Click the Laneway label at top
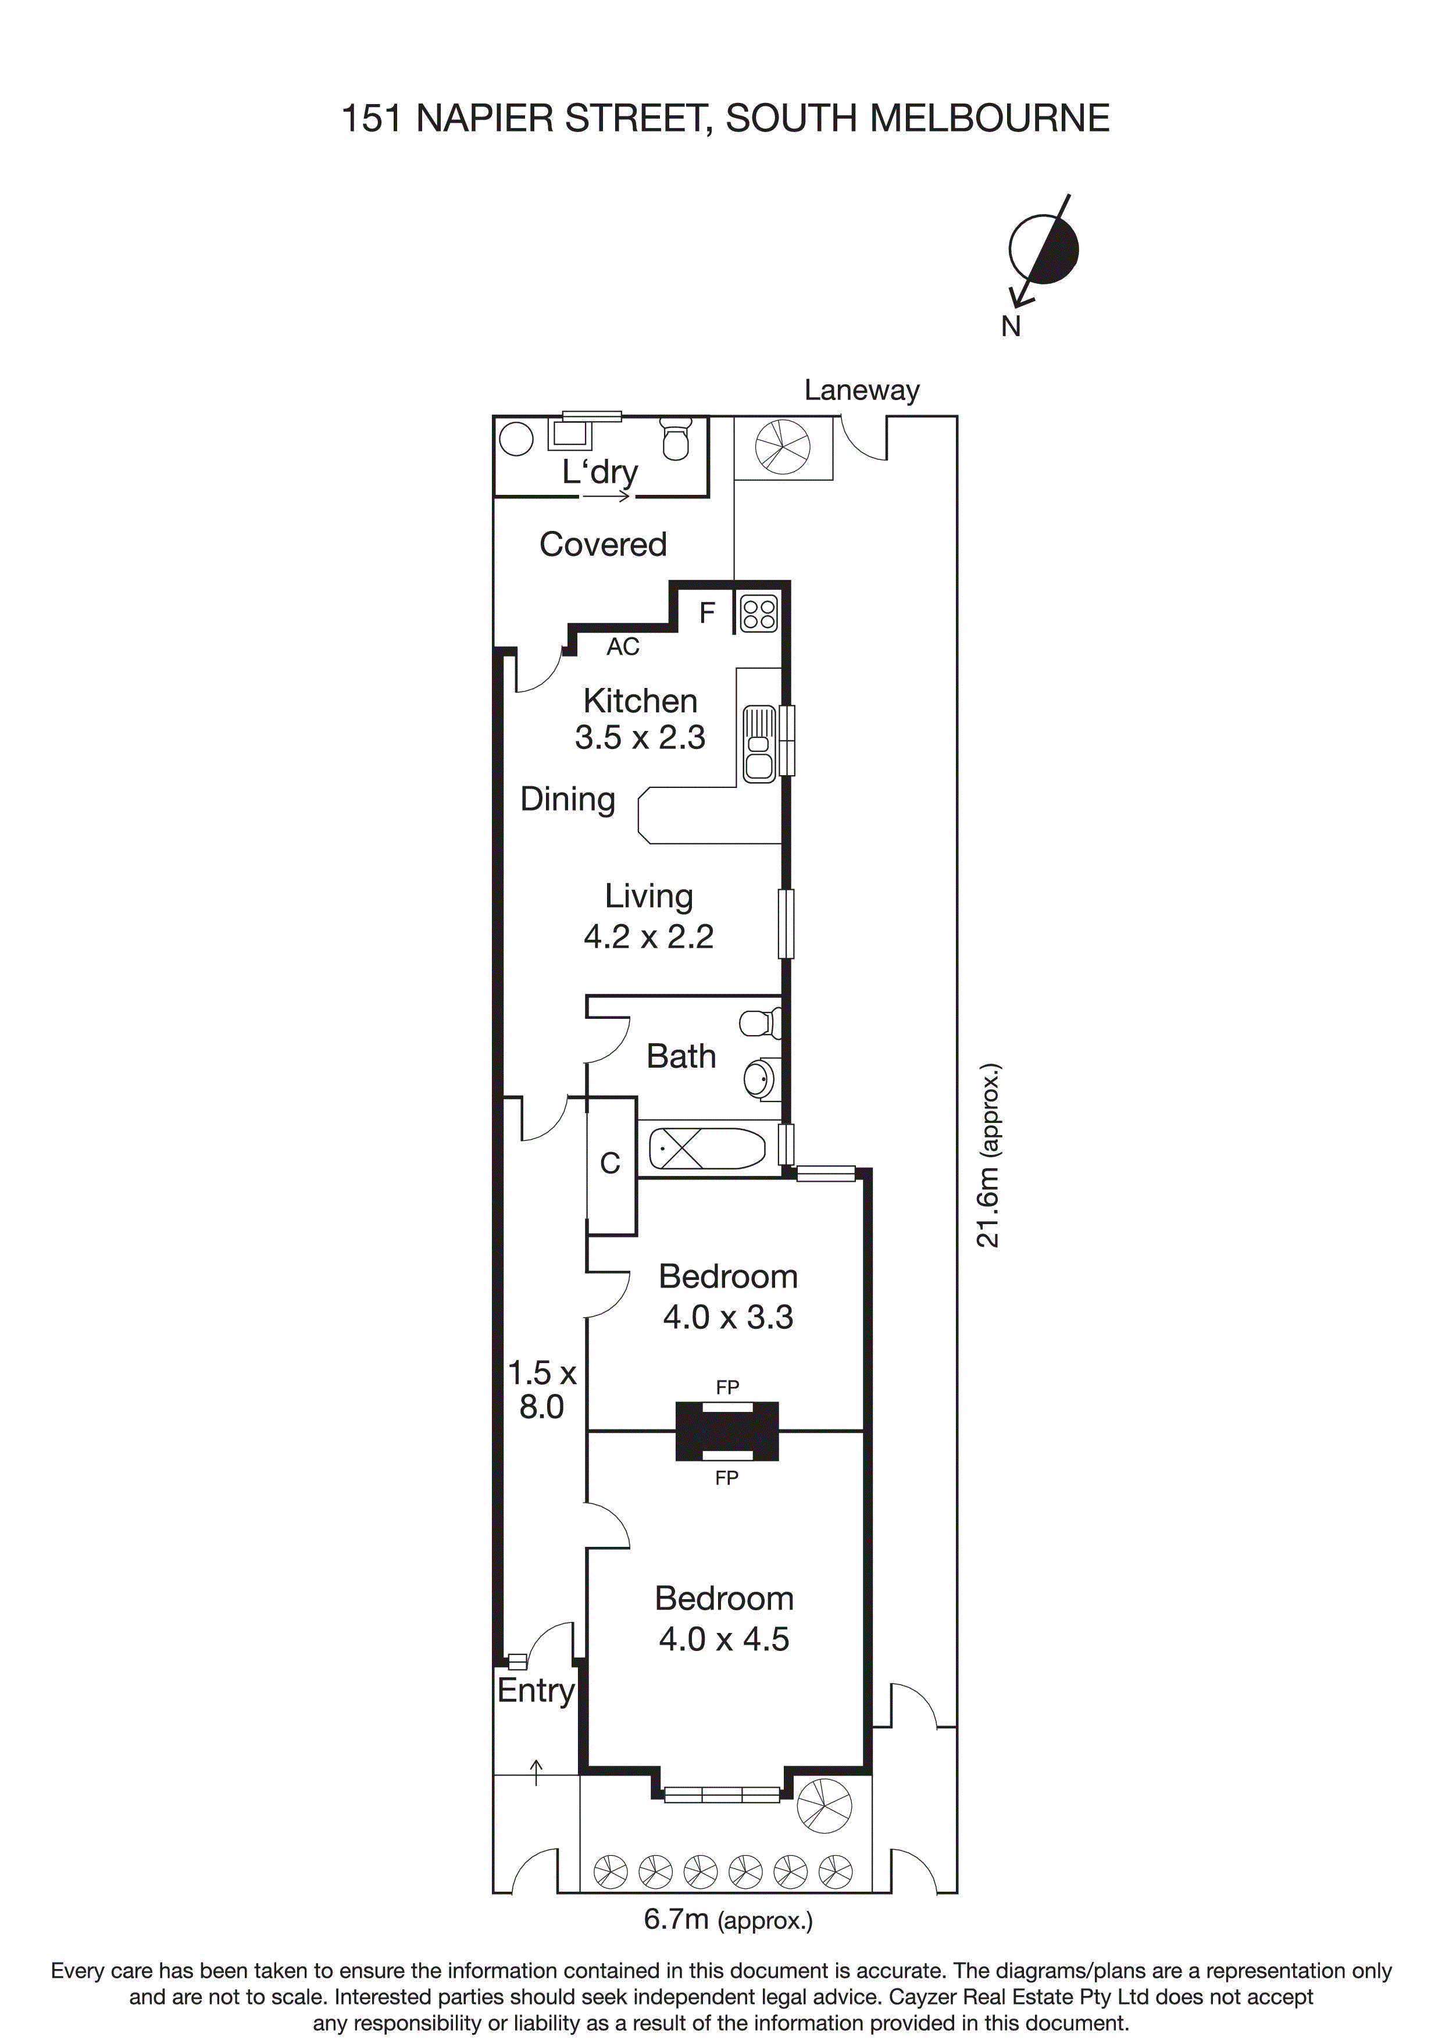[861, 390]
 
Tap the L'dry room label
[599, 471]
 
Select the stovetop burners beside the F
[759, 613]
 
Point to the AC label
[623, 647]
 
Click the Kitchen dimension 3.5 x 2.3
[640, 737]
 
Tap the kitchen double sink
[759, 744]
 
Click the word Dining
[567, 799]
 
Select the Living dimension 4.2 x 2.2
[648, 936]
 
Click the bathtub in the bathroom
[706, 1149]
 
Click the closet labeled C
[611, 1164]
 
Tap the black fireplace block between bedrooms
[727, 1431]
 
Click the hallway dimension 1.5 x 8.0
[541, 1390]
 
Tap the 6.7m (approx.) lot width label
[727, 1920]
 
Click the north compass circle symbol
[1043, 249]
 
